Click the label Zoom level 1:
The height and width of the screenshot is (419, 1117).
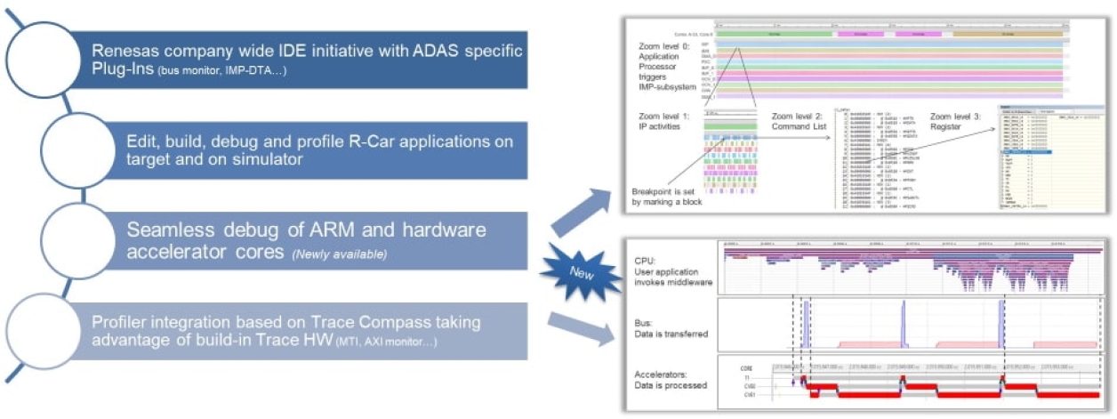(x=665, y=117)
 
